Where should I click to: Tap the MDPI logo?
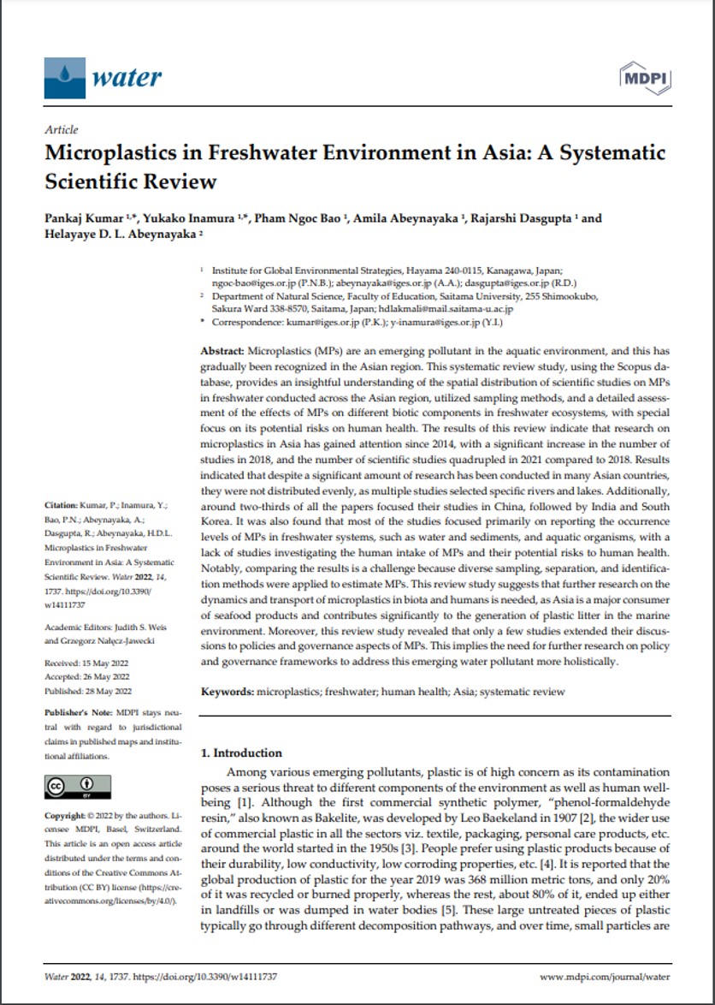642,78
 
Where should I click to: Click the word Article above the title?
61,130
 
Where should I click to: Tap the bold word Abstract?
222,352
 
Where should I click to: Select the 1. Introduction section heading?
240,753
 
